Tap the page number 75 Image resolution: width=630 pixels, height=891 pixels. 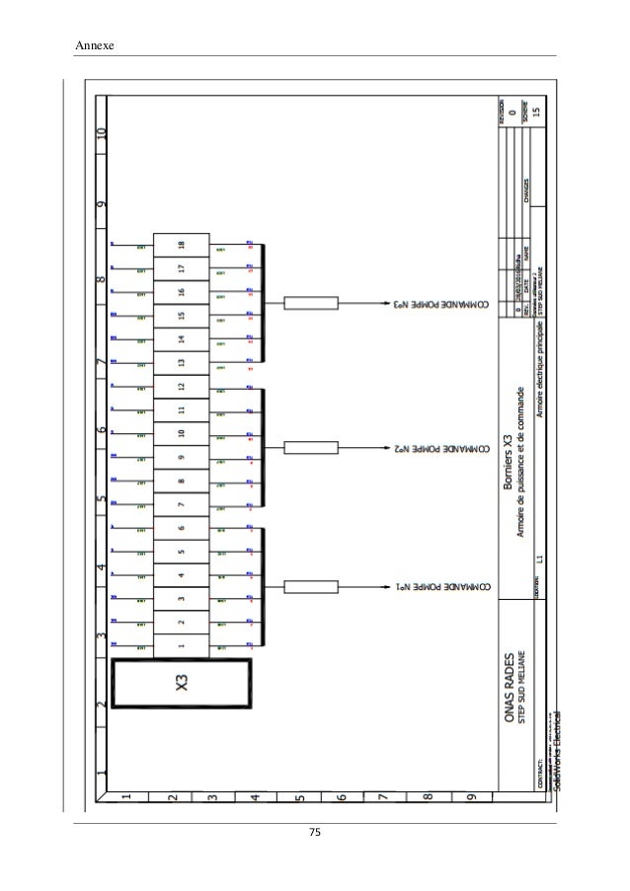click(x=315, y=834)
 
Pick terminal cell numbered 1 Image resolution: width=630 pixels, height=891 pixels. click(x=181, y=646)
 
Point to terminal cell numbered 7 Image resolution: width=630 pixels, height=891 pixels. click(x=181, y=504)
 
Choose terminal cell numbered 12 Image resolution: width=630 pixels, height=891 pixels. click(x=181, y=386)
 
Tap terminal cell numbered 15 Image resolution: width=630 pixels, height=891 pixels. click(x=181, y=316)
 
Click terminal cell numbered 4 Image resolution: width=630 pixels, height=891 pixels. click(x=181, y=574)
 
